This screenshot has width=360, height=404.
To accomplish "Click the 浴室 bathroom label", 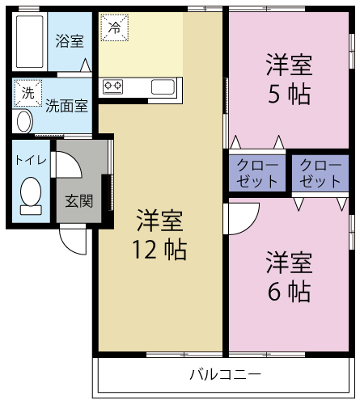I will click(70, 40).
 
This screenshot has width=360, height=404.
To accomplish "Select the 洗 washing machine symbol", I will click(28, 94).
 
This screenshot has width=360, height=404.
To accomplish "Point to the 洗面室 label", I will click(66, 105).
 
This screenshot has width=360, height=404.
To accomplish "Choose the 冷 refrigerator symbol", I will click(113, 27).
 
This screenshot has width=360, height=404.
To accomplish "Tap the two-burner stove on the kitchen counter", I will click(112, 86).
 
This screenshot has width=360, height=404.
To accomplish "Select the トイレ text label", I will click(31, 159).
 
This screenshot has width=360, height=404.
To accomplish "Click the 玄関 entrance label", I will click(79, 200).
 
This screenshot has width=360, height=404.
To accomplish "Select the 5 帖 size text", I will click(289, 94).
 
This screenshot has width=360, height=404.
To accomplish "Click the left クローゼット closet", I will click(257, 173).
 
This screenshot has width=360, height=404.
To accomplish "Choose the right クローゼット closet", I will click(320, 173).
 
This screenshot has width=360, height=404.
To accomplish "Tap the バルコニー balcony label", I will click(225, 375).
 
